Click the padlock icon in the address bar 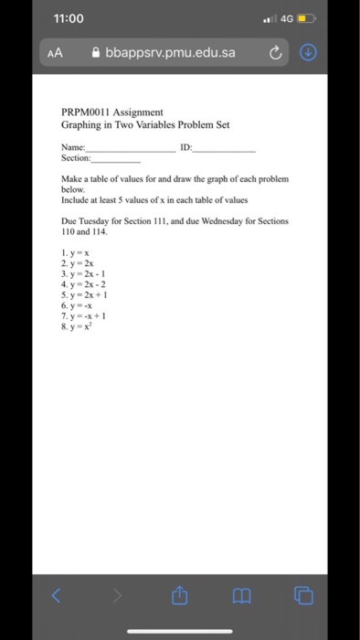(x=97, y=52)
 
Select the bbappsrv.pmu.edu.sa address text (x=171, y=52)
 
